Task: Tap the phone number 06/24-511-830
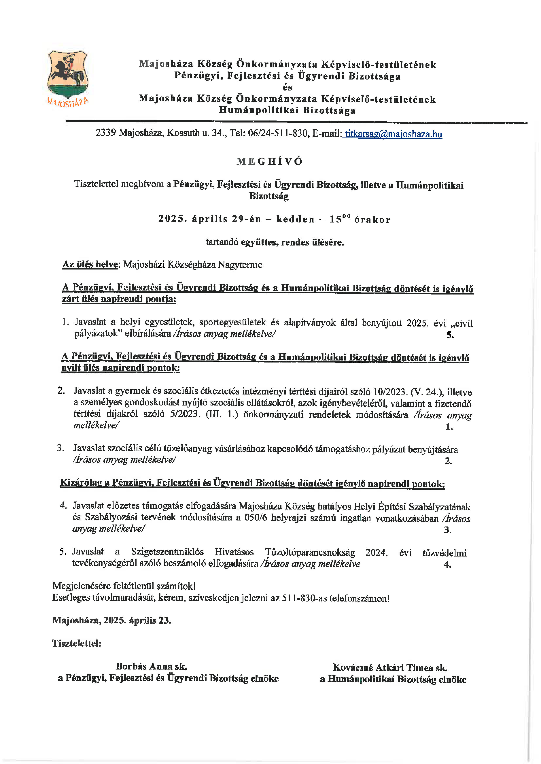(277, 133)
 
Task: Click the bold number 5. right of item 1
(450, 335)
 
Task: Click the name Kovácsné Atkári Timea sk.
(390, 667)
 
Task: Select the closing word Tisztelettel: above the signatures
(77, 643)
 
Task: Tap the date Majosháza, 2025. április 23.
(112, 620)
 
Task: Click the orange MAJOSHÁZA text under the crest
(68, 102)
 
